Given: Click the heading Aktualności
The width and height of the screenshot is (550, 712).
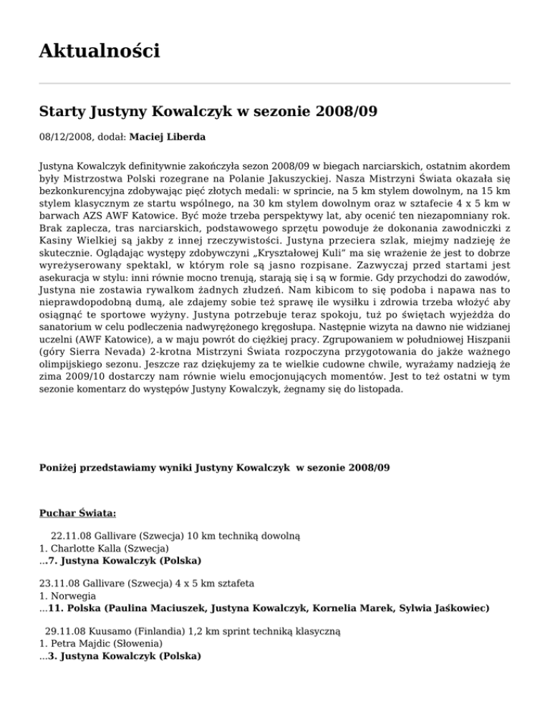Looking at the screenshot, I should pyautogui.click(x=100, y=51).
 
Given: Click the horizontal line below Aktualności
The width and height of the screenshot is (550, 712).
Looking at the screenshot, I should pyautogui.click(x=274, y=84).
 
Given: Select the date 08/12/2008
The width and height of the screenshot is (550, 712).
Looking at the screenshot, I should pyautogui.click(x=67, y=135).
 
